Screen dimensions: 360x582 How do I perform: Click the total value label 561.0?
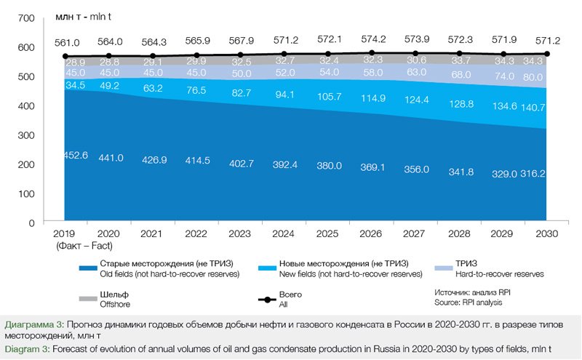65,42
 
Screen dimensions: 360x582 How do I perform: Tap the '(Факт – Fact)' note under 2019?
65,247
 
